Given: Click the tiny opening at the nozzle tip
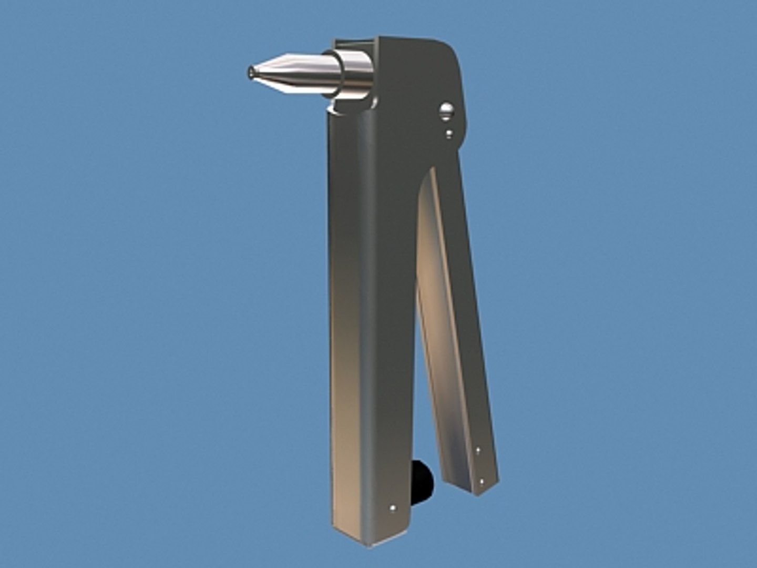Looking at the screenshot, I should click(x=250, y=72).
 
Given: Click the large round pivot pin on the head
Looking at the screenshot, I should click(x=447, y=109).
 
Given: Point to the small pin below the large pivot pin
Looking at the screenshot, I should click(x=448, y=134).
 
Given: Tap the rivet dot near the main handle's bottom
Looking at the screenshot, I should click(x=393, y=508).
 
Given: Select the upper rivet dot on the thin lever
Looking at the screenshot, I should click(x=477, y=450).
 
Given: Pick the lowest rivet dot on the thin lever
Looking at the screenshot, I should click(x=482, y=481).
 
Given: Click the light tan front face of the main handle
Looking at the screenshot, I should click(x=344, y=316).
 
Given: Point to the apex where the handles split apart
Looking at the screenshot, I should click(x=426, y=174).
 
